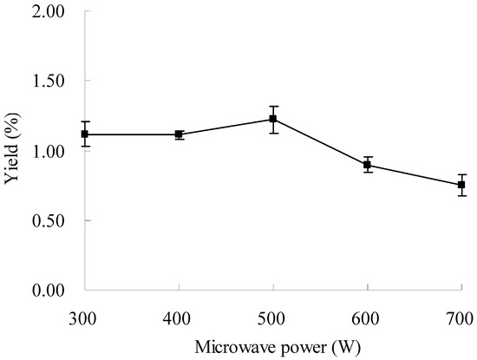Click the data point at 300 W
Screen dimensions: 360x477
(x=85, y=134)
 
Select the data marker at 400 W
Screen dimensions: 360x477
(x=180, y=134)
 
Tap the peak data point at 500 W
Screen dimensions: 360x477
(x=273, y=119)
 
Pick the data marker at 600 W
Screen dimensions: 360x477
(x=368, y=165)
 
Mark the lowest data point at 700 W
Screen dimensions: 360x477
(x=461, y=185)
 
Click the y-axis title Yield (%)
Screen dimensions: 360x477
(x=14, y=151)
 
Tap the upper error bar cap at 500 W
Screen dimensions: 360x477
(x=273, y=106)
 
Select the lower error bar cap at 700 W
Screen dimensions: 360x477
(x=461, y=196)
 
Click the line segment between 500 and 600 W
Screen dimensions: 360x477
(x=321, y=141)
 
